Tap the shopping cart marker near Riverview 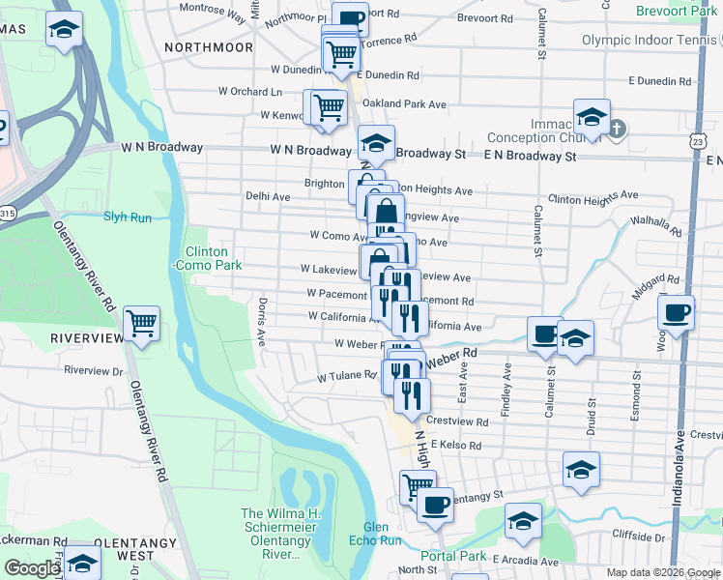point(141,324)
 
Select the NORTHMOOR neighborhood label point(209,46)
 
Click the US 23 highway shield point(698,141)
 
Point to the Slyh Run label point(129,217)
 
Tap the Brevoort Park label point(677,11)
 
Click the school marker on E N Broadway point(592,118)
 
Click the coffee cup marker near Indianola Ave point(675,313)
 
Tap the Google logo point(32,568)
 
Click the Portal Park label point(454,556)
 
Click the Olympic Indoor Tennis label point(651,40)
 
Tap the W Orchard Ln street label point(250,92)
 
